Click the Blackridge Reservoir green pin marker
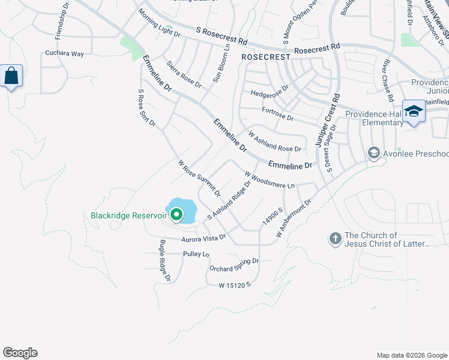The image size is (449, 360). (x=176, y=214)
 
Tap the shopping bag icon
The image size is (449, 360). (x=11, y=76)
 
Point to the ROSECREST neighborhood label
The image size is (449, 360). (x=265, y=56)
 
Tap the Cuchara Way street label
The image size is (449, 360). (x=65, y=53)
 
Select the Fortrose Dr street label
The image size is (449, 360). (x=278, y=114)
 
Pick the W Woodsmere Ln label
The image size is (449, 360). (x=270, y=179)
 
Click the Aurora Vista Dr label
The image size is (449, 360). (x=203, y=238)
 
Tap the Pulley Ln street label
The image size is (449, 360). (x=196, y=254)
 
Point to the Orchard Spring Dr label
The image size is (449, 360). (x=234, y=265)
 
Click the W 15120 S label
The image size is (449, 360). (x=234, y=284)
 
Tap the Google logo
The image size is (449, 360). (x=20, y=353)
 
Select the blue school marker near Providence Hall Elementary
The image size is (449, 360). (x=414, y=111)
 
